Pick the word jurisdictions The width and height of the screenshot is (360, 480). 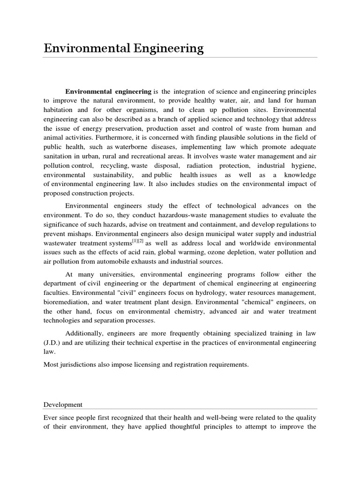[x=81, y=365]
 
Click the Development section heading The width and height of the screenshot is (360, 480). [x=63, y=404]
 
